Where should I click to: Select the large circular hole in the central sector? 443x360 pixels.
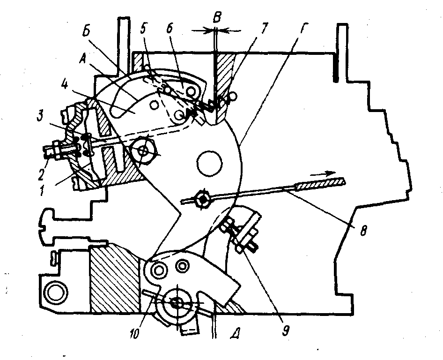point(208,163)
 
